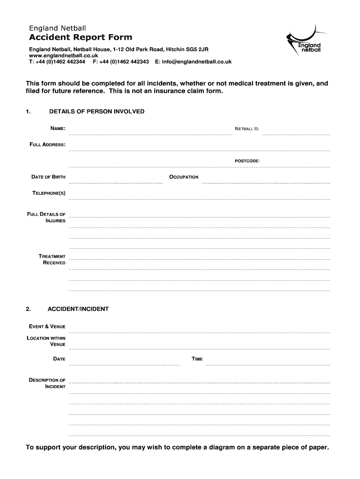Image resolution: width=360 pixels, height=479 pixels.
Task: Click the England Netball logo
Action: [x=304, y=41]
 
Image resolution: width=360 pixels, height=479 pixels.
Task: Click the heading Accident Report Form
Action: [x=80, y=37]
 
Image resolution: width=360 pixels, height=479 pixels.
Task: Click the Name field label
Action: [x=58, y=128]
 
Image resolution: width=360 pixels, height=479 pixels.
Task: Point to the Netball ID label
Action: [x=246, y=128]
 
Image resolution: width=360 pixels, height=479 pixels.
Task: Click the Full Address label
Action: [x=48, y=145]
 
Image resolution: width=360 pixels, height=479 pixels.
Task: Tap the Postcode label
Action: [x=247, y=161]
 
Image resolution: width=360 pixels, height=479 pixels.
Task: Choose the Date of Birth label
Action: [x=48, y=177]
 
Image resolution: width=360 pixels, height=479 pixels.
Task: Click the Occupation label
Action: [x=184, y=177]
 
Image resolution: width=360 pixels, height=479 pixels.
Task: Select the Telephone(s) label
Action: [x=49, y=193]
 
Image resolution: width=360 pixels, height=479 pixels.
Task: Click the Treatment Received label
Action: [x=52, y=260]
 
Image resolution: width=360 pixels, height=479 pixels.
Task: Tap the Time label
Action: [x=197, y=359]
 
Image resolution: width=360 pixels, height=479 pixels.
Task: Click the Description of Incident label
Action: [x=47, y=384]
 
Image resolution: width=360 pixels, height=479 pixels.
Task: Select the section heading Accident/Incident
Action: [x=78, y=309]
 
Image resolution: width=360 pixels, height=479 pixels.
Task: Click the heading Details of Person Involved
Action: [x=97, y=111]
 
